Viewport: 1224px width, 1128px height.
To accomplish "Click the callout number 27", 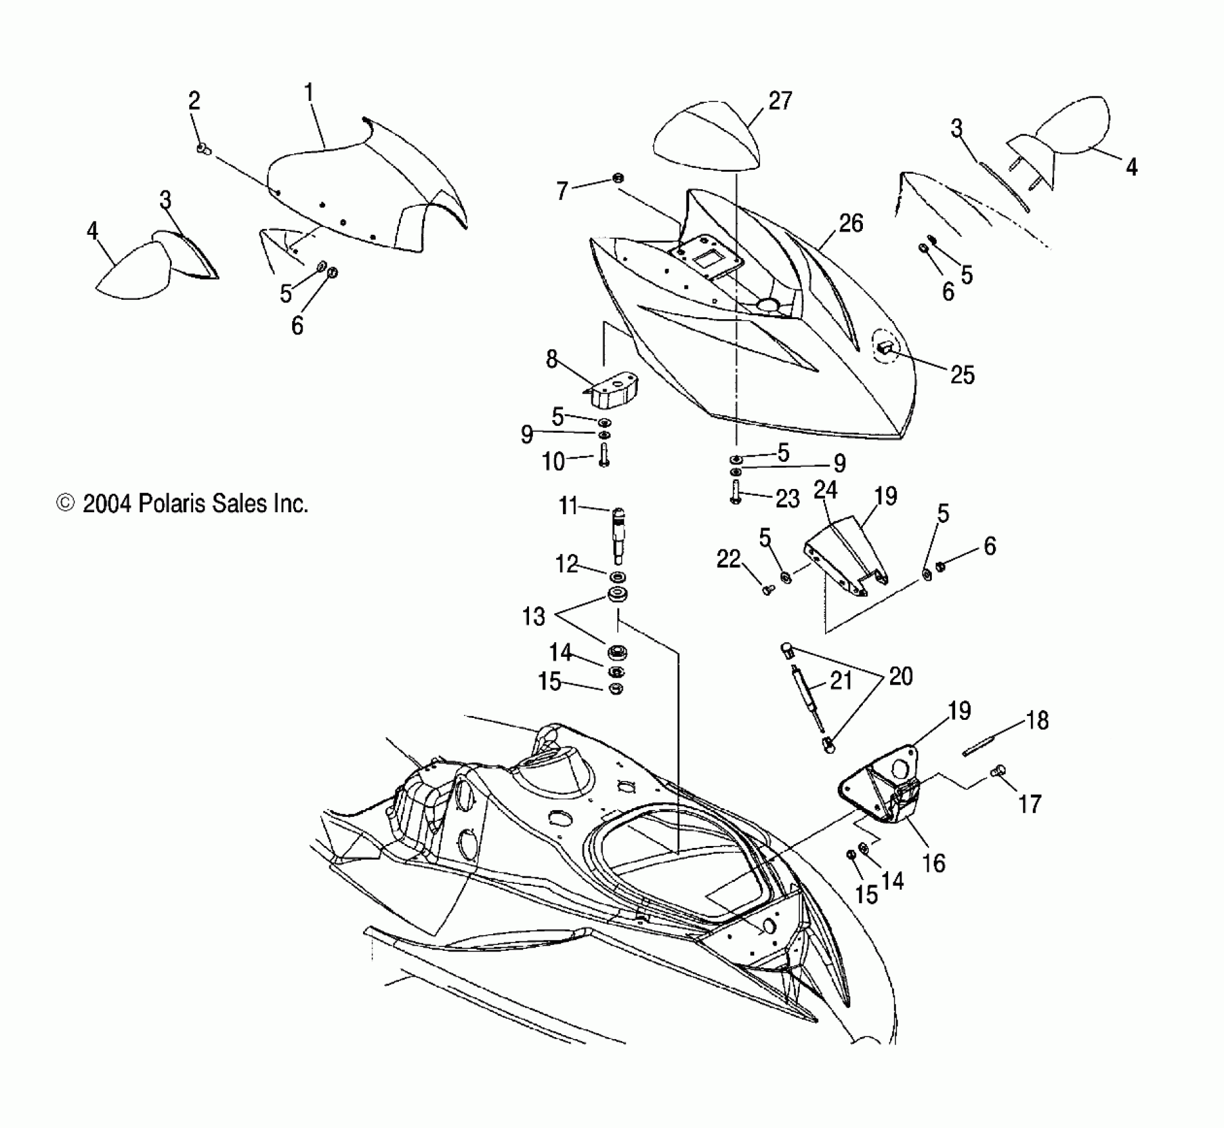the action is (780, 102).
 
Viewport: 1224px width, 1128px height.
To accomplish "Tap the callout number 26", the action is (850, 224).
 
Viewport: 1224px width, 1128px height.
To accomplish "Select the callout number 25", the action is (962, 375).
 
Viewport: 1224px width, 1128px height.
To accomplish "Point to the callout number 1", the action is (309, 93).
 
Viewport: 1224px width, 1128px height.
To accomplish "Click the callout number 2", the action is (194, 102).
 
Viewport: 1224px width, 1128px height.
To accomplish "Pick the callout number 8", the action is (552, 360).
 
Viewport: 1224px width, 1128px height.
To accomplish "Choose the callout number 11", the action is (568, 507).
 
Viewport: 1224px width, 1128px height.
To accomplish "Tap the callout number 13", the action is (534, 616).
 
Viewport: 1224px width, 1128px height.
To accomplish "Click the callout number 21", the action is (841, 680).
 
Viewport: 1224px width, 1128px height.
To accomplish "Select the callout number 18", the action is (1037, 720).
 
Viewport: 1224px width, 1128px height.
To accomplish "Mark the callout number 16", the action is (934, 863).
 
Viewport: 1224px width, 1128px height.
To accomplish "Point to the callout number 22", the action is (728, 559).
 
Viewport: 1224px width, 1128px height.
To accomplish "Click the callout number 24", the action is (825, 490).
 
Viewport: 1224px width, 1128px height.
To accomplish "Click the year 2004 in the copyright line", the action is (107, 504).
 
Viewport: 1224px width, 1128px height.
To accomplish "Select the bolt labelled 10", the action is (604, 456).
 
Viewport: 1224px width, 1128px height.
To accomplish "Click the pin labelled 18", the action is (983, 744).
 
